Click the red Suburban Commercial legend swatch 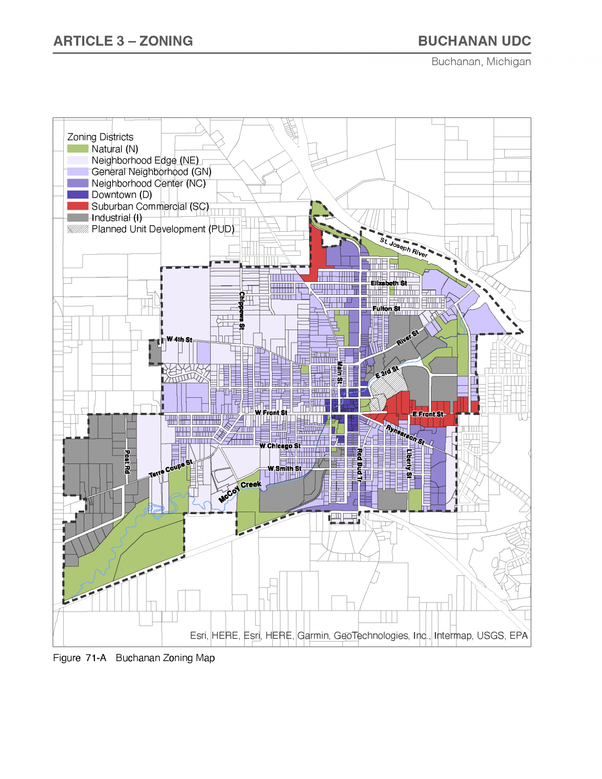[x=78, y=206]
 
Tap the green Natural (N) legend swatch [x=78, y=149]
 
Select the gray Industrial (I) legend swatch [x=78, y=218]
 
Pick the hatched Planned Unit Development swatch [x=78, y=229]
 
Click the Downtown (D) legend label [x=121, y=195]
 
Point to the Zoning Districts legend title [x=100, y=137]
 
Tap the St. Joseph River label [x=404, y=247]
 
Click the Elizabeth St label [x=389, y=283]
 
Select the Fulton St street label [x=386, y=308]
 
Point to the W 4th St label [x=179, y=340]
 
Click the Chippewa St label [x=242, y=310]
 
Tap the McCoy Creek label [x=240, y=491]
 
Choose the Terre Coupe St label [x=171, y=469]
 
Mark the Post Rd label [x=127, y=461]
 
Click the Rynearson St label [x=405, y=434]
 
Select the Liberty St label [x=409, y=463]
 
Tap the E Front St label [x=428, y=414]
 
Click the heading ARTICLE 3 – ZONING [x=123, y=41]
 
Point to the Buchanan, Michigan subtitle [x=481, y=62]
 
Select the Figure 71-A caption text [x=134, y=658]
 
